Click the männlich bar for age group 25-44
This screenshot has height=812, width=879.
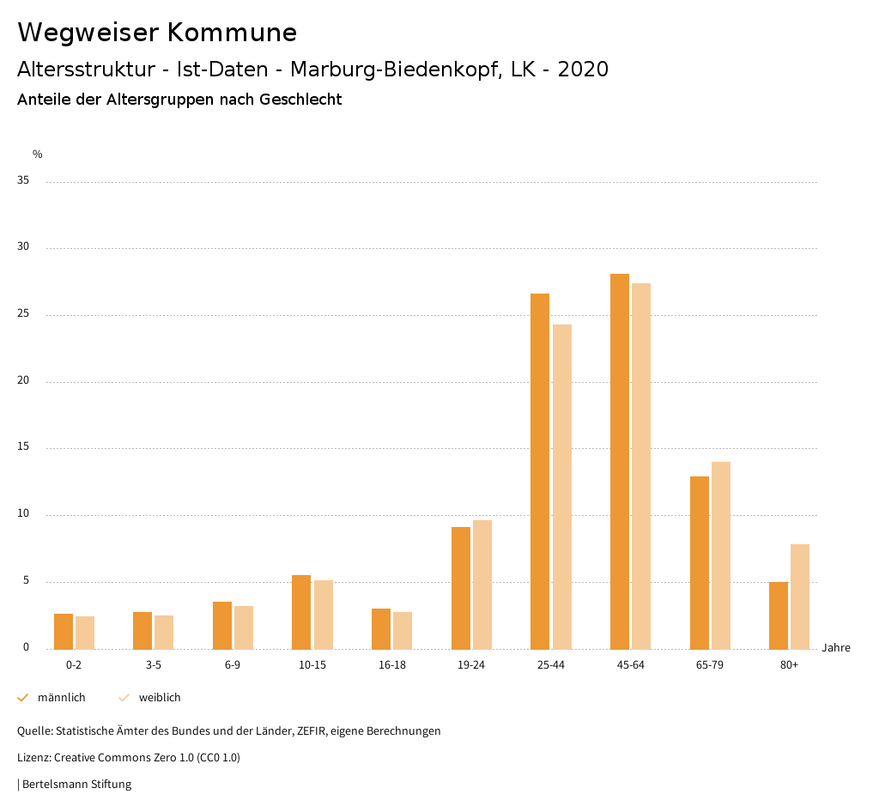[x=540, y=471]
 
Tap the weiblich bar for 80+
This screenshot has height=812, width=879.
[x=800, y=597]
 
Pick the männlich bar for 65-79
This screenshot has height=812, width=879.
[x=700, y=562]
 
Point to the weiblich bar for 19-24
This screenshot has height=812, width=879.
[x=482, y=585]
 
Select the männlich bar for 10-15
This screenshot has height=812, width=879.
[x=301, y=612]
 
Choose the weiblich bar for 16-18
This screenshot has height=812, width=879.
[x=403, y=630]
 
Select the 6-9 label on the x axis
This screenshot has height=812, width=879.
[x=233, y=665]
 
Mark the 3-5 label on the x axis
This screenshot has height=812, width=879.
[x=154, y=665]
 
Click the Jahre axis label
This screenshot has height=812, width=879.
[x=836, y=648]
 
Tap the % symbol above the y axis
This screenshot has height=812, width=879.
[x=38, y=155]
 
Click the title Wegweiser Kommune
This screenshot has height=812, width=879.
[x=157, y=33]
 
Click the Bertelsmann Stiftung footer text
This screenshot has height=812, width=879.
[x=76, y=785]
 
